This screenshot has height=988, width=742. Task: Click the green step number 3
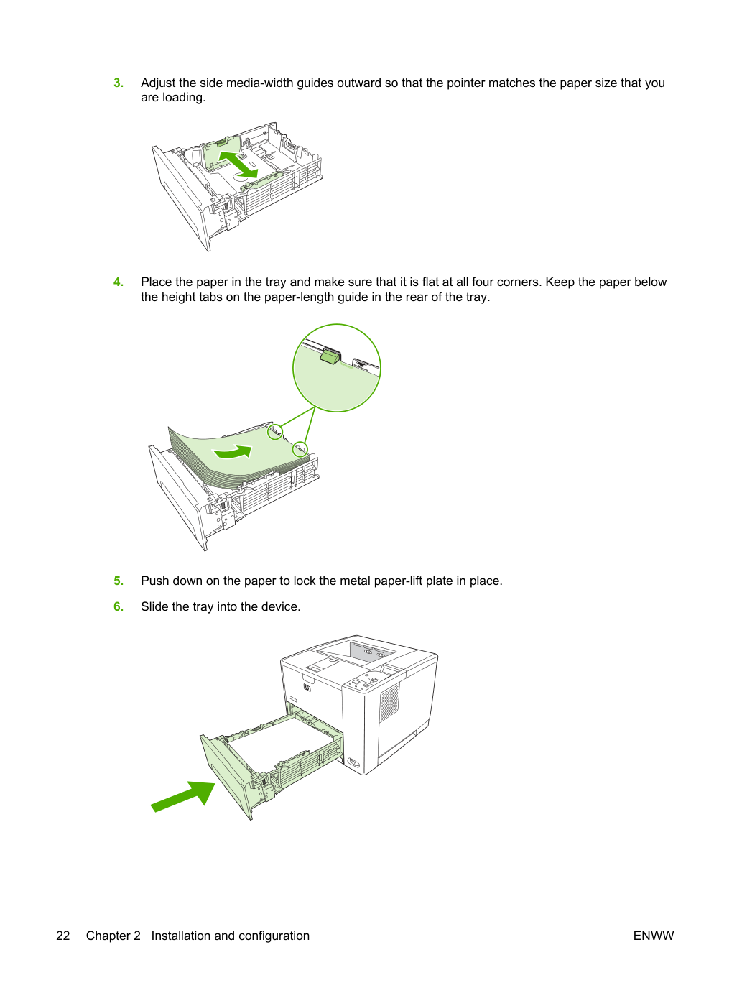coord(119,83)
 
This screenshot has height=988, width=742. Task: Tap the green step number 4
coord(119,282)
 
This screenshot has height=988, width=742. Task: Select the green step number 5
coord(119,581)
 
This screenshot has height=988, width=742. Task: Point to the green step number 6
coord(119,606)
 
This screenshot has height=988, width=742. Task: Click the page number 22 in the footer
coord(63,936)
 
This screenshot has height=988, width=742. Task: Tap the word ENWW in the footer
coord(654,936)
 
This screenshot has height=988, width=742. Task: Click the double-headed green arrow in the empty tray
coord(238,165)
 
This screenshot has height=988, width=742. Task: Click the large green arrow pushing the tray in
coord(183,796)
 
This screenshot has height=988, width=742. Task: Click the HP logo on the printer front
coord(307,688)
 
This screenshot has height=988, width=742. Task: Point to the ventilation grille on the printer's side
coord(389,703)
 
